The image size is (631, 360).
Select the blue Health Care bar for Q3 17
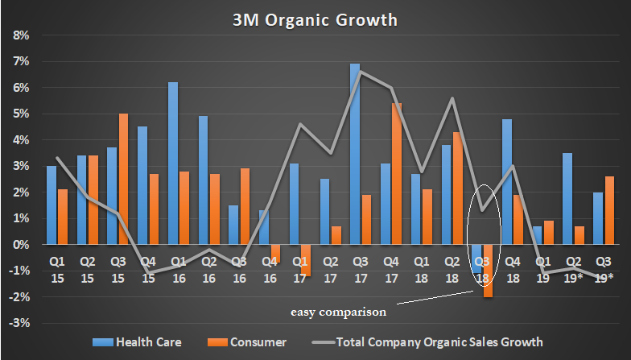(355, 154)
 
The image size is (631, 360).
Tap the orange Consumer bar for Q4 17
(396, 173)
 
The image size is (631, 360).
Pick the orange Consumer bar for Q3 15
(123, 179)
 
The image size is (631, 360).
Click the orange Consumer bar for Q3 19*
(610, 210)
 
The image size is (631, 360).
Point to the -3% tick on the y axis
(19, 323)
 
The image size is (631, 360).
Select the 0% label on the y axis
(21, 245)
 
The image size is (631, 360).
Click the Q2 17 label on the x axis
(329, 269)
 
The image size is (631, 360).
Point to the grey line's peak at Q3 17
(360, 72)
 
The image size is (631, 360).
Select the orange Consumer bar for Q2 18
(457, 188)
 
